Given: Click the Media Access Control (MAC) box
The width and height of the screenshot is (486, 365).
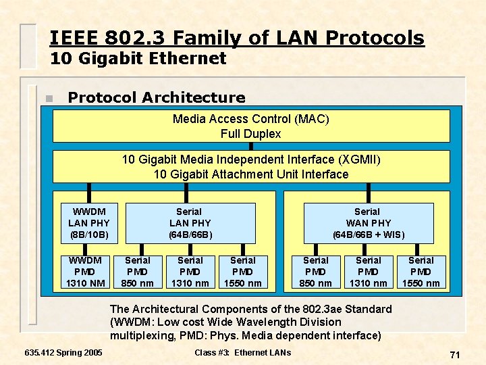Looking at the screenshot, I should point(250,126).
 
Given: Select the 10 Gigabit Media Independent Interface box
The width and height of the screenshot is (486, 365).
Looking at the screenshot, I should point(250,166).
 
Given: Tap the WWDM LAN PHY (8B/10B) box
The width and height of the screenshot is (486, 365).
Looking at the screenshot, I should point(89,223).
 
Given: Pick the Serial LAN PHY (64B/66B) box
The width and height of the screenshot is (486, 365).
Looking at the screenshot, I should point(190,223).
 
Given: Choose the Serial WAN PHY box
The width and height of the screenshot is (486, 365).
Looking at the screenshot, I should point(368,223).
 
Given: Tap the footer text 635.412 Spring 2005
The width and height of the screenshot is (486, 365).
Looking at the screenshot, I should point(63,353).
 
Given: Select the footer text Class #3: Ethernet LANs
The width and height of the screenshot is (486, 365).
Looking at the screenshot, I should point(242,353).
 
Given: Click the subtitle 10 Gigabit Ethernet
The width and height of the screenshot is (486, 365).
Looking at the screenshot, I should point(138,59).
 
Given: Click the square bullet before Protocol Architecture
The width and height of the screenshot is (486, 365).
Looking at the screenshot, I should point(47,99).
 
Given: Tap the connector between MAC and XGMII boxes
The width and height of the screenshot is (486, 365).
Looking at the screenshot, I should point(250,146).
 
